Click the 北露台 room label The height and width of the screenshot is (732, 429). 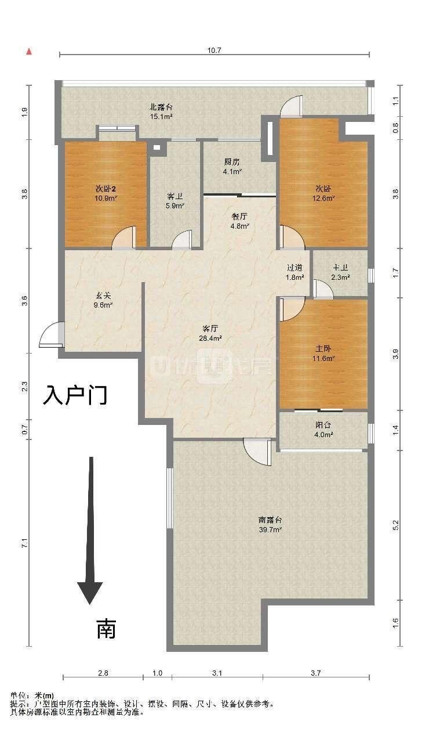(161, 107)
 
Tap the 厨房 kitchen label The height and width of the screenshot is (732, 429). (232, 163)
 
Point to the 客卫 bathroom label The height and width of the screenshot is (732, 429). (175, 196)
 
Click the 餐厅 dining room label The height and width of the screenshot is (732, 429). (239, 216)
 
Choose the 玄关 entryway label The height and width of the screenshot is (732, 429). (104, 294)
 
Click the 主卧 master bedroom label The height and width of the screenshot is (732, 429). (323, 349)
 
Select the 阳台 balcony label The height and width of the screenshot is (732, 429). (323, 425)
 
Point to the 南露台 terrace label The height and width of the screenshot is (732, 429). (270, 520)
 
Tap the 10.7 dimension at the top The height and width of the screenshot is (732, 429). (214, 51)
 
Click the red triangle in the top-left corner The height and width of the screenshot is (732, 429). (28, 52)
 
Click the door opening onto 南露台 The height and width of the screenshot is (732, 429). (258, 450)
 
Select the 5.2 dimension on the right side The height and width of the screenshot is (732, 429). (395, 524)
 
